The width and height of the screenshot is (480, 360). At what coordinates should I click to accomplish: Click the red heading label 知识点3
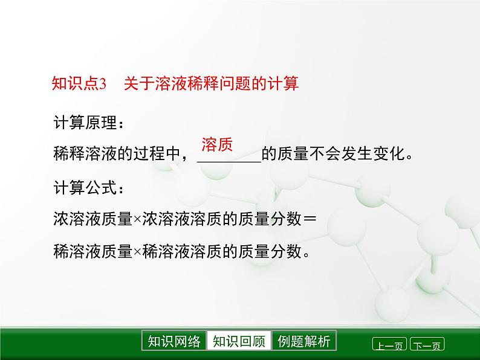pyautogui.click(x=79, y=84)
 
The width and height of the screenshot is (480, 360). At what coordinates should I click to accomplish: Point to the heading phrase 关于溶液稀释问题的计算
pyautogui.click(x=211, y=84)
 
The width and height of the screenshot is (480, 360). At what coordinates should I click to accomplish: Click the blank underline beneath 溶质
pyautogui.click(x=229, y=160)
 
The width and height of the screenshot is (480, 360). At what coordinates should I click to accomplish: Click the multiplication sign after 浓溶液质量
pyautogui.click(x=137, y=220)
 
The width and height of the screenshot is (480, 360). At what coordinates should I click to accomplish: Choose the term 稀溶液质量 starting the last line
pyautogui.click(x=92, y=251)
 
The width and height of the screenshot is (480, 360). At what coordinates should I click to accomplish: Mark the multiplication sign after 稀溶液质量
pyautogui.click(x=137, y=251)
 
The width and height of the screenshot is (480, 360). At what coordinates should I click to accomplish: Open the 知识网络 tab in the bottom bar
pyautogui.click(x=174, y=341)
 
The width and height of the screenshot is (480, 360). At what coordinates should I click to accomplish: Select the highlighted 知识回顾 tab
pyautogui.click(x=239, y=341)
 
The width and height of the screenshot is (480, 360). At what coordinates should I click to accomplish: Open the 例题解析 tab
pyautogui.click(x=304, y=341)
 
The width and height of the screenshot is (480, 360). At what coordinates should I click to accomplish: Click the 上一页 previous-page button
pyautogui.click(x=389, y=345)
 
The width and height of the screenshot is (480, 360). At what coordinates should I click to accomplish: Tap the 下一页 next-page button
pyautogui.click(x=427, y=345)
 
